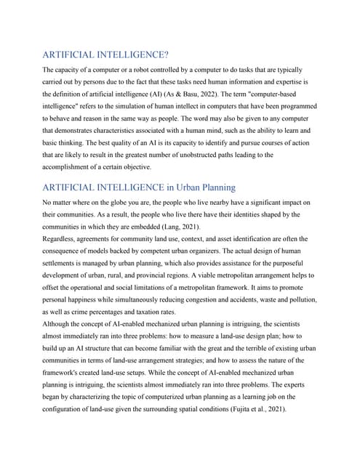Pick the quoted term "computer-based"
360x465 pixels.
278,94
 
